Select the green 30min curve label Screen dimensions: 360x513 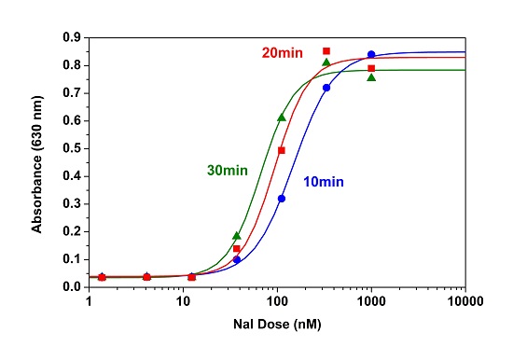click(228, 170)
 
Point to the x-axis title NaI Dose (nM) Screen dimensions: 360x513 click(276, 329)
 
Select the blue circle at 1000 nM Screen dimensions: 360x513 click(371, 54)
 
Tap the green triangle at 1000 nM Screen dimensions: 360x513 click(371, 77)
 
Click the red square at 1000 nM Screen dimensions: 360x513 click(371, 68)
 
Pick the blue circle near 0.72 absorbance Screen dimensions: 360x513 click(326, 88)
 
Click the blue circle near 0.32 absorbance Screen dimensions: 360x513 click(282, 199)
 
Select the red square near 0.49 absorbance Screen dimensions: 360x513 click(282, 150)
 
